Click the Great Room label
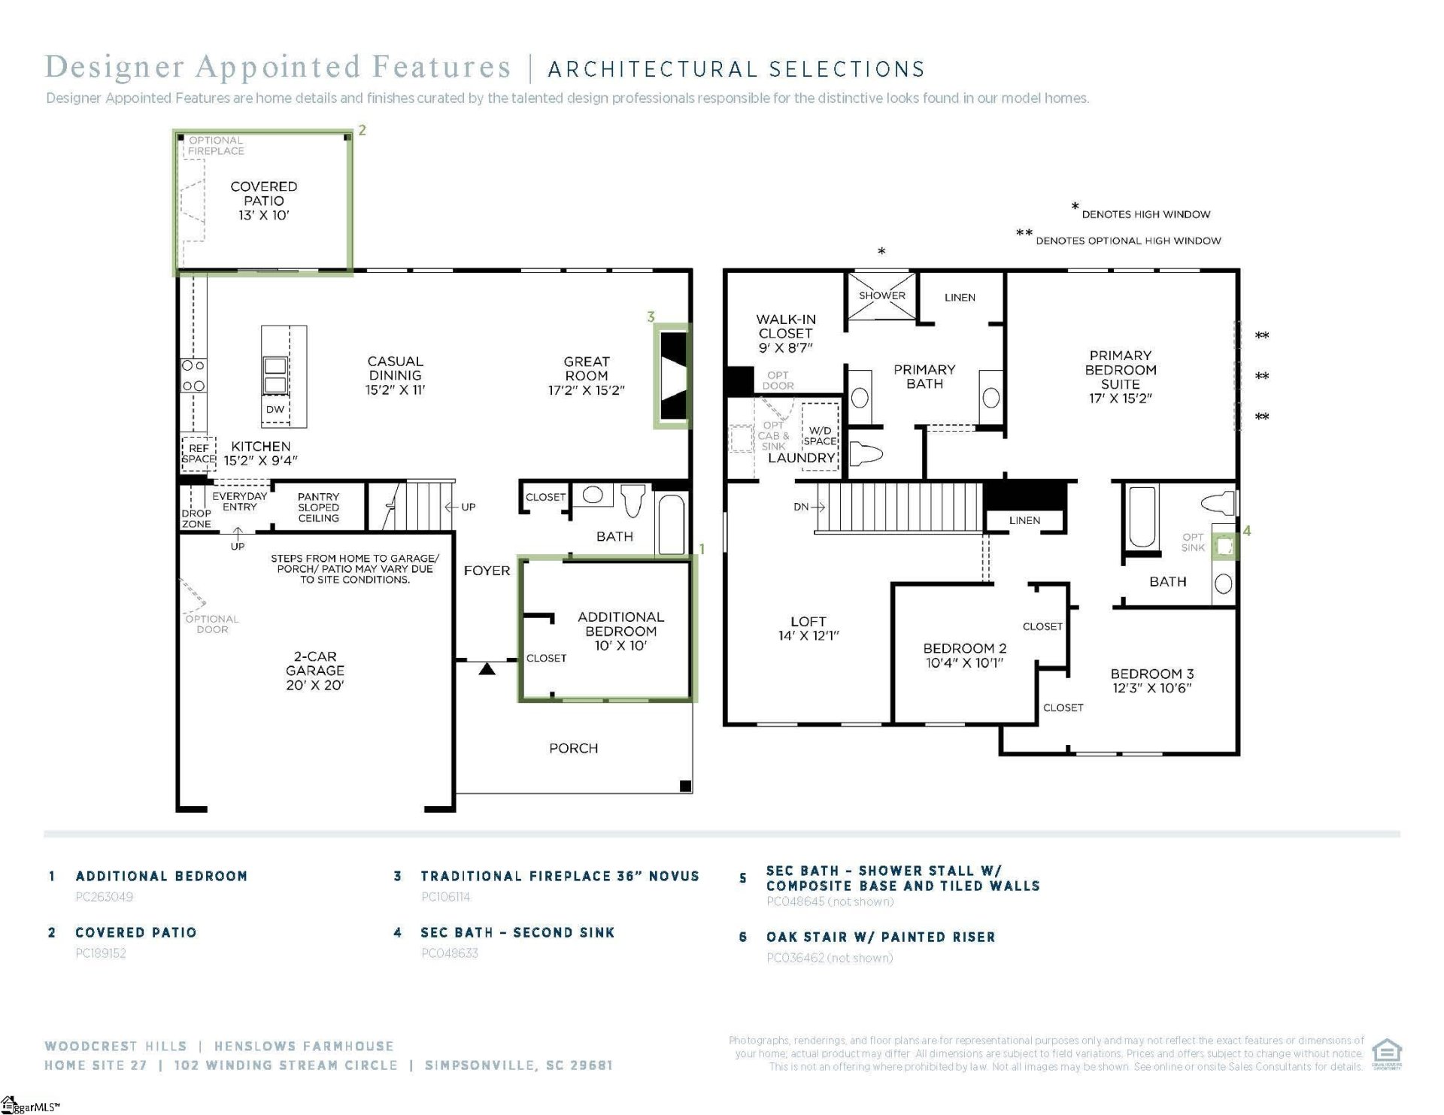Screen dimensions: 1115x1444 (586, 375)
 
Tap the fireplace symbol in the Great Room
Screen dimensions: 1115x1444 (673, 376)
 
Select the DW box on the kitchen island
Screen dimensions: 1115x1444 (275, 409)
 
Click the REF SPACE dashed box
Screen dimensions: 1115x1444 (199, 453)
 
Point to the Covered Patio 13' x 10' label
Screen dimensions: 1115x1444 (263, 200)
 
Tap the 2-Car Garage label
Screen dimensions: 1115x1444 (314, 670)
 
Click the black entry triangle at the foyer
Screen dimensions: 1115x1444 (487, 668)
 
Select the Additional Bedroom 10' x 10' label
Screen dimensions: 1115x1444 (620, 631)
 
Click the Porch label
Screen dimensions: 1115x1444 (573, 748)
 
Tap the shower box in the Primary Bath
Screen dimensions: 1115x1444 (881, 295)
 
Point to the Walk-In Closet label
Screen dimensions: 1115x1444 (785, 333)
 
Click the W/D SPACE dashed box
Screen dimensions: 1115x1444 (820, 437)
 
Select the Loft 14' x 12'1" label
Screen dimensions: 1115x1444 (808, 628)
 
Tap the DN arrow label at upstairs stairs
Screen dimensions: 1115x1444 (808, 507)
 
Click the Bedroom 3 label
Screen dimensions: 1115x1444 (1151, 680)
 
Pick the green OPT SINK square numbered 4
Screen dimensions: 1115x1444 (1224, 546)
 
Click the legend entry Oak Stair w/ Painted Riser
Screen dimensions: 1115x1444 (880, 937)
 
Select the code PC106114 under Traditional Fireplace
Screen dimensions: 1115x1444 (445, 896)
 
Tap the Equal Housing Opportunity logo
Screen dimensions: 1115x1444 (1386, 1053)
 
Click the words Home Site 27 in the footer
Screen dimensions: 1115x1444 (96, 1065)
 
